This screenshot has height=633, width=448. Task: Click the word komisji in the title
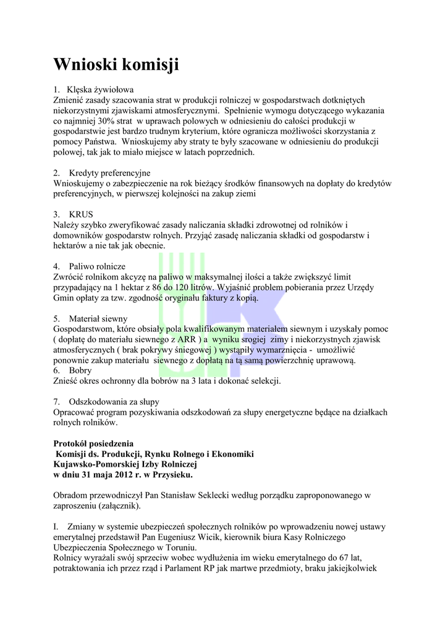[150, 64]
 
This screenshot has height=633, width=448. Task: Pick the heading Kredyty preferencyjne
[110, 172]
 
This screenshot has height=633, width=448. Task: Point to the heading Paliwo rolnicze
[97, 266]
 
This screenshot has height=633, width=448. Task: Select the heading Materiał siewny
[98, 318]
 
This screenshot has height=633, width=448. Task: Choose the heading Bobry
[81, 370]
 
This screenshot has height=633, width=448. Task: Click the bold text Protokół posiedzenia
[93, 443]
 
